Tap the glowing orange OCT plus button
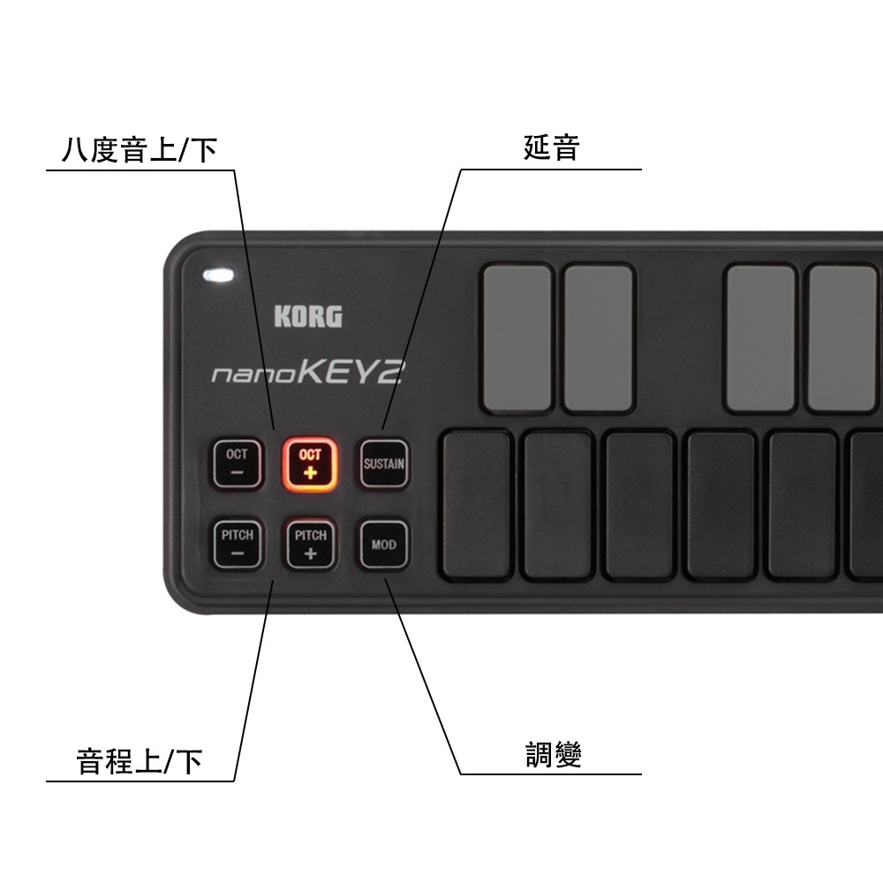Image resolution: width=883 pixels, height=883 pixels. coord(310,464)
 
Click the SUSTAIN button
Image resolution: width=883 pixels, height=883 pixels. coord(383,464)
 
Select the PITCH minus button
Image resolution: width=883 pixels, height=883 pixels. coord(238,544)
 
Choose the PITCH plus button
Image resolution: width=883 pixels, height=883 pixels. coord(310,544)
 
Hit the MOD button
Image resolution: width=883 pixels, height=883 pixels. coord(383,544)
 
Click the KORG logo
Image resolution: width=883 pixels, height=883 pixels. coord(307,316)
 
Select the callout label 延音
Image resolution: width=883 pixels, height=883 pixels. coord(551,147)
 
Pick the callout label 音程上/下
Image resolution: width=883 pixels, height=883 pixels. coord(140,760)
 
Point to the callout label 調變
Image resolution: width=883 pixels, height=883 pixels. coord(554,756)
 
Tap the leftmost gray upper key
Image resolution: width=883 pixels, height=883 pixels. coord(517,338)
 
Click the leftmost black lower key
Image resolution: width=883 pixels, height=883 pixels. coord(478,504)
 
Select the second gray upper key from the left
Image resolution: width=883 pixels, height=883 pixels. coord(599,338)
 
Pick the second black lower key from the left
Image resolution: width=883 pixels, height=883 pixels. coord(558,504)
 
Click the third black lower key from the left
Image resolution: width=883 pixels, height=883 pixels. coord(639,504)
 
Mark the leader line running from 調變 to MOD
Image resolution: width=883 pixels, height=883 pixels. coord(424,675)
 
